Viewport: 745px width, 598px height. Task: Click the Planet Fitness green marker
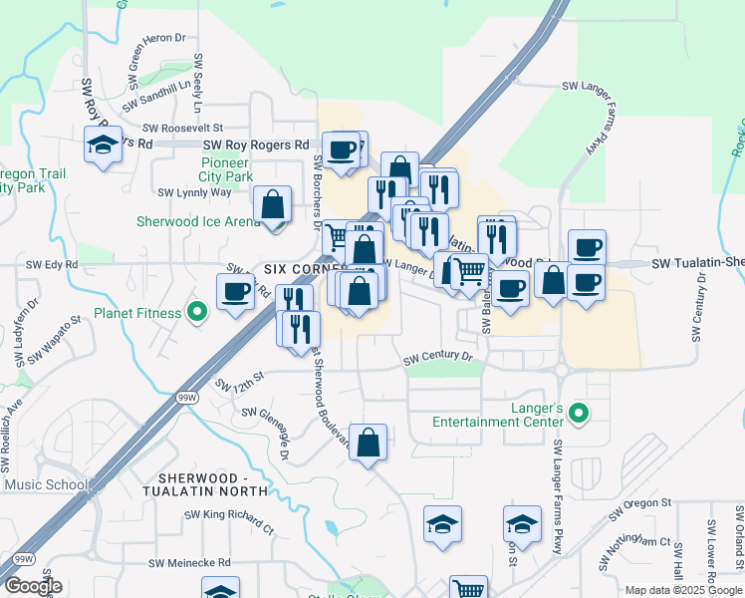tap(197, 313)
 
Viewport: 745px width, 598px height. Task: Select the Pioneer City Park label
tap(225, 169)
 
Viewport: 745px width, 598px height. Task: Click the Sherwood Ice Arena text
tap(199, 221)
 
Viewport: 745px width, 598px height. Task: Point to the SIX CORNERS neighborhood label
tap(303, 269)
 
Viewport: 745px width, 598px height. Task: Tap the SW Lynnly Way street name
tap(194, 192)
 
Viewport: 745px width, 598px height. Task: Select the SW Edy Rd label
tap(52, 264)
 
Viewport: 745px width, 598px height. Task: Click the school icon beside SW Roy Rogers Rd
tap(104, 145)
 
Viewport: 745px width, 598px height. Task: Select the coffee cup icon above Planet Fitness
tap(236, 292)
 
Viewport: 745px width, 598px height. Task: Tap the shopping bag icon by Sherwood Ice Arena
tap(272, 204)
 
